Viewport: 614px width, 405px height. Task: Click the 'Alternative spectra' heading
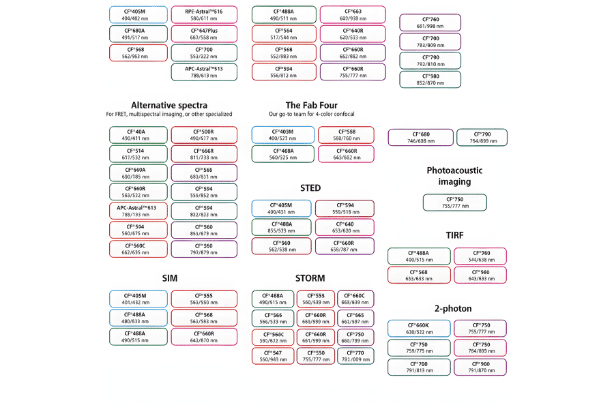pos(169,105)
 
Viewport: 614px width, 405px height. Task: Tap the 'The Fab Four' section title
pos(312,105)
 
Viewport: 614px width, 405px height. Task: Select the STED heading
pos(310,188)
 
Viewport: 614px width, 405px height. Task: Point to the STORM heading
pos(310,278)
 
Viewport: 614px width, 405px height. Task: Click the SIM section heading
pos(170,278)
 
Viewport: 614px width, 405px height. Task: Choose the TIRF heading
pos(455,235)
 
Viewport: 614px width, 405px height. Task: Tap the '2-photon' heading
pos(453,309)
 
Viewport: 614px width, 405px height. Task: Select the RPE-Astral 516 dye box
pos(204,15)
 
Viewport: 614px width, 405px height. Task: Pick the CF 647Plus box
pos(204,34)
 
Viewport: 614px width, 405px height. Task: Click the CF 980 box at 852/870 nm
pos(430,80)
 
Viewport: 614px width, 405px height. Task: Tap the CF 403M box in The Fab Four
pos(282,135)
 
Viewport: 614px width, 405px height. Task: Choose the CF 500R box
pos(204,135)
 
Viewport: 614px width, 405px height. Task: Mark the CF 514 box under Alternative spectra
pos(139,154)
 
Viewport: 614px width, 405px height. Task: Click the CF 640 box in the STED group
pos(345,227)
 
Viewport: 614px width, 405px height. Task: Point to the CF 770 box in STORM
pos(355,356)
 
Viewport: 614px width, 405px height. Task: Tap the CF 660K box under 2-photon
pos(418,329)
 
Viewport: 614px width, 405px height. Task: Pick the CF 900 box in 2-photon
pos(480,367)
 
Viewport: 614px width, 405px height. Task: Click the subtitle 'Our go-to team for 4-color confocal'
pos(312,114)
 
